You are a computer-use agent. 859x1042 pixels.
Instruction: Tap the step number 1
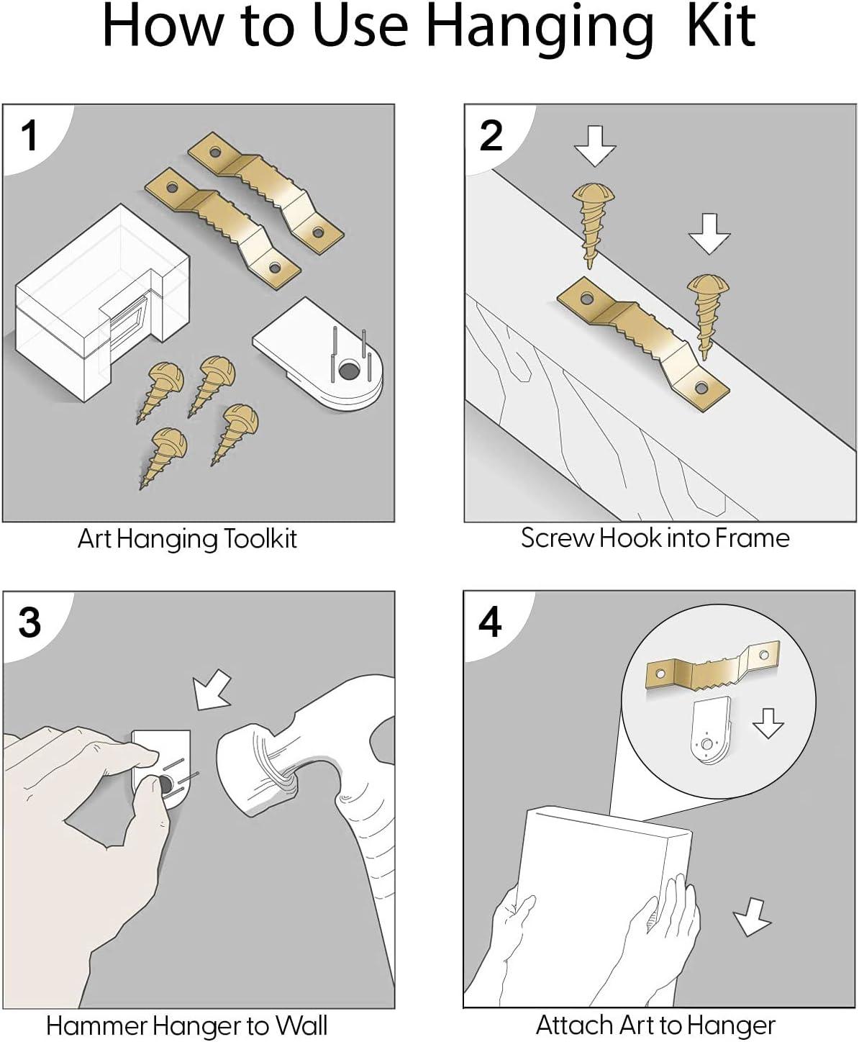coord(29,135)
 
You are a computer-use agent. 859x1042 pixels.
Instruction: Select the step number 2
coord(491,135)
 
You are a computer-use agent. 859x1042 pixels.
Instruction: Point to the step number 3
coord(29,622)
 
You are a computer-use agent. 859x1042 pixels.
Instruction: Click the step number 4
coord(490,622)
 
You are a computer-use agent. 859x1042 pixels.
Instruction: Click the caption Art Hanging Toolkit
coord(187,539)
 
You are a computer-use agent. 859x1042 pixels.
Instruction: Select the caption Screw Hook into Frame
coord(655,538)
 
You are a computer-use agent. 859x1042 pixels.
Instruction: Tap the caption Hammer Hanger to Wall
coord(187,1025)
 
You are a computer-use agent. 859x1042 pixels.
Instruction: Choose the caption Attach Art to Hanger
coord(655,1024)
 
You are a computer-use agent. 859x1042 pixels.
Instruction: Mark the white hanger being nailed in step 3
coord(163,766)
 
